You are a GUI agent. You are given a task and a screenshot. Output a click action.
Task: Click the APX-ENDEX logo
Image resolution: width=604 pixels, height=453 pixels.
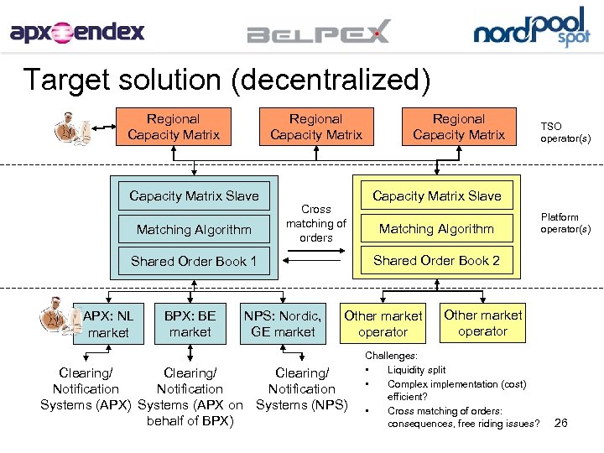coord(77,33)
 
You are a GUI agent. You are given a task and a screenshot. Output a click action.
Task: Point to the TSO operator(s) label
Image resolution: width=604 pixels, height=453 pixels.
coord(565,133)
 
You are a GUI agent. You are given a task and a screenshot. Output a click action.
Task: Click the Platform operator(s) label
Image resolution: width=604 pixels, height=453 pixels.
coord(565,223)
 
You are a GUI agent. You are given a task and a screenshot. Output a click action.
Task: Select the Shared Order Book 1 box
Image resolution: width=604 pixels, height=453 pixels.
coord(194,261)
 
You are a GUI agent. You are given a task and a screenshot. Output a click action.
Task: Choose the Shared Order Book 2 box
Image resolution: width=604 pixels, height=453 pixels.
coord(436,260)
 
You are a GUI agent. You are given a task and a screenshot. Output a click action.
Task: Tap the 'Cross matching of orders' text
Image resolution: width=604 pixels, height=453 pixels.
coord(315,223)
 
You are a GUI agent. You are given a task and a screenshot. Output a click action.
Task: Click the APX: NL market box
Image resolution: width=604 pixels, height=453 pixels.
coord(108,324)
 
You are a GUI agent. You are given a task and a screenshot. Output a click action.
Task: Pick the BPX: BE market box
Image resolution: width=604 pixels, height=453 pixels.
coord(190,324)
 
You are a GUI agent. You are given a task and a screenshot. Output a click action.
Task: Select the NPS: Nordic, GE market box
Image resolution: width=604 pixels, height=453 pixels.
coord(283,324)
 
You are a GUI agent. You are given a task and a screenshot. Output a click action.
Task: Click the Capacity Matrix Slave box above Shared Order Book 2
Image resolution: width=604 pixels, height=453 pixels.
coord(436,195)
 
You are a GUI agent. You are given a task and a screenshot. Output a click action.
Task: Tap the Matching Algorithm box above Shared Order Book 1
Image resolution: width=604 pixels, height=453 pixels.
coord(194,228)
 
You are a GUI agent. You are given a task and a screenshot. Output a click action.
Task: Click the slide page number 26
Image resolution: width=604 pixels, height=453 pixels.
coord(561,424)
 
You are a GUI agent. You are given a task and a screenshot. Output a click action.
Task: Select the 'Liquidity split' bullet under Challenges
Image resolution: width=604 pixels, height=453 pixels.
coord(416,370)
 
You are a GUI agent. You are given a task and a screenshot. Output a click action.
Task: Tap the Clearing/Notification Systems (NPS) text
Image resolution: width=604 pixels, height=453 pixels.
coord(301,389)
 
